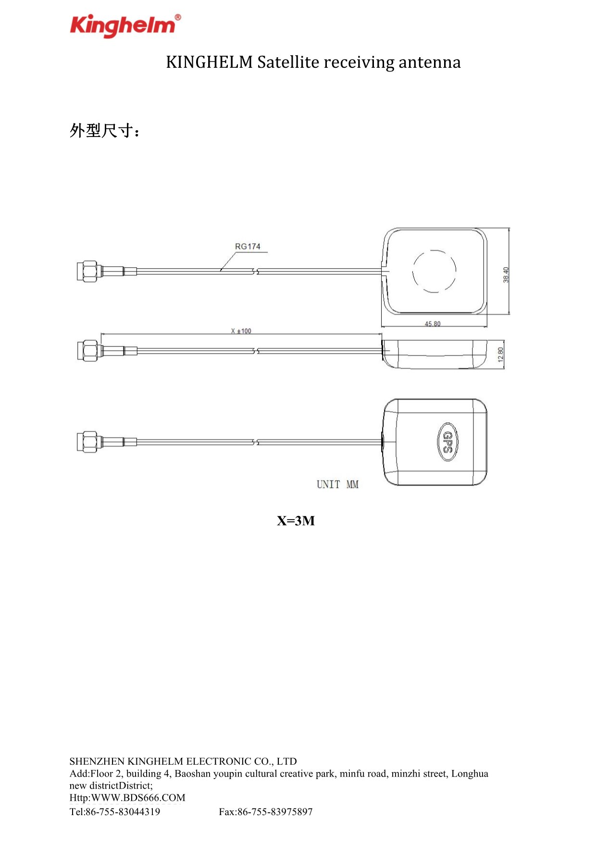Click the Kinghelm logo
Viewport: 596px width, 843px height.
pyautogui.click(x=125, y=25)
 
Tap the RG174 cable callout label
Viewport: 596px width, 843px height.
pyautogui.click(x=248, y=247)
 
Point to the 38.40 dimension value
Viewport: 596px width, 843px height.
pyautogui.click(x=506, y=275)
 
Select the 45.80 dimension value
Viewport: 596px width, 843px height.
pyautogui.click(x=433, y=324)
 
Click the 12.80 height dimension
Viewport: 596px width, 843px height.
pyautogui.click(x=500, y=355)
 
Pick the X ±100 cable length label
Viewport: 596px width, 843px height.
pyautogui.click(x=241, y=331)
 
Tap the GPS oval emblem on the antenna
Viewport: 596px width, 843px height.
pyautogui.click(x=447, y=442)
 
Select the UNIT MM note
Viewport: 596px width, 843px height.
pyautogui.click(x=337, y=484)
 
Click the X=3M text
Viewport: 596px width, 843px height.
pyautogui.click(x=296, y=521)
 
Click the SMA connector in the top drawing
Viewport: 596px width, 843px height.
pyautogui.click(x=88, y=272)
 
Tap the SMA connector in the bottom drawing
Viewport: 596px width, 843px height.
pyautogui.click(x=88, y=442)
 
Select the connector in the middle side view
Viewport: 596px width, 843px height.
pyautogui.click(x=88, y=351)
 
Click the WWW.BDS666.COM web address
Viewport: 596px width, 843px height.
pyautogui.click(x=138, y=798)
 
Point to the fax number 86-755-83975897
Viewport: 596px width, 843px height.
pyautogui.click(x=275, y=812)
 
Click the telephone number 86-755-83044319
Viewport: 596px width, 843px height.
pyautogui.click(x=123, y=812)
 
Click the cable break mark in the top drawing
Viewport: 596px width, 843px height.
pyautogui.click(x=256, y=272)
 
